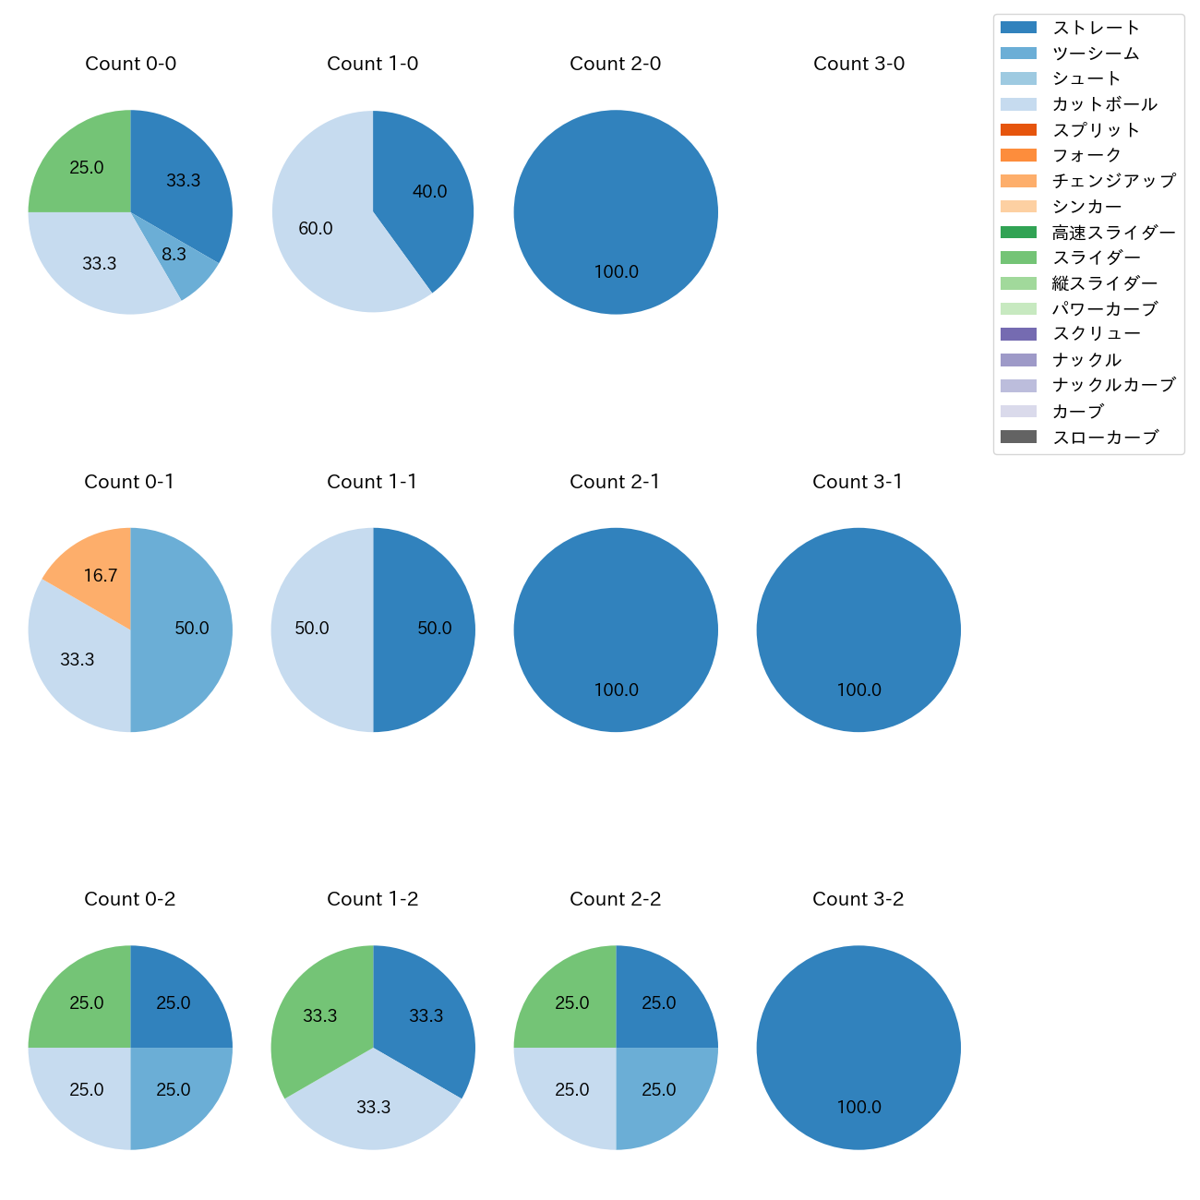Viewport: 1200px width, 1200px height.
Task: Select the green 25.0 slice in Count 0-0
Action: point(88,166)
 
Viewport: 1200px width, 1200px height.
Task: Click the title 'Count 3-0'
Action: point(858,64)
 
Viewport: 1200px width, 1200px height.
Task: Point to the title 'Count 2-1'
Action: point(615,482)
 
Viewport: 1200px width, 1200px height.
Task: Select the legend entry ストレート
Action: point(1096,28)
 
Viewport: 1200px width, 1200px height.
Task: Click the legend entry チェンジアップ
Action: point(1113,181)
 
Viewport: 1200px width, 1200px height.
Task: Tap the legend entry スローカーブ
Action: point(1105,438)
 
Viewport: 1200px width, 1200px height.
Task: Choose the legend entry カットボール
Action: point(1104,104)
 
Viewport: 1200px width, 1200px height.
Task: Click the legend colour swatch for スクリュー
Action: point(1018,334)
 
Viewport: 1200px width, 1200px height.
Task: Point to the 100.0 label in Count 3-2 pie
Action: point(858,1107)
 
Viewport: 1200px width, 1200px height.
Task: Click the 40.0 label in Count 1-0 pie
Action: point(429,191)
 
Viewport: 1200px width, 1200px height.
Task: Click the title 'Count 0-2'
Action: point(130,899)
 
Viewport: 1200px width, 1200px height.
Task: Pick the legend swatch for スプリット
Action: point(1018,129)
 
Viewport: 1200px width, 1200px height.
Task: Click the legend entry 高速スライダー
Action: point(1113,233)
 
